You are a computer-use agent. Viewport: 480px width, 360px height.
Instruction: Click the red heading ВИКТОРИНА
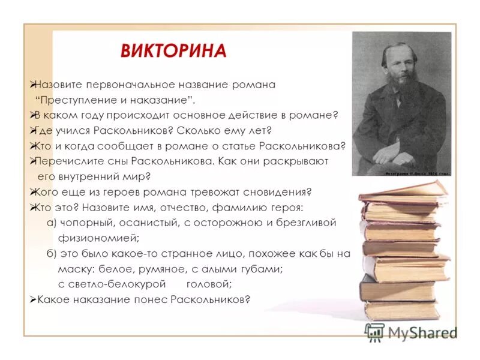173,50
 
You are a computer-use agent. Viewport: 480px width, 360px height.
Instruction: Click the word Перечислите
65,161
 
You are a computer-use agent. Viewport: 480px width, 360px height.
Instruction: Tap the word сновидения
281,192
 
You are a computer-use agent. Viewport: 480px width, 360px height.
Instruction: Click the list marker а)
52,223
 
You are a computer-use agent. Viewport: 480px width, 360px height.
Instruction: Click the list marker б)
52,253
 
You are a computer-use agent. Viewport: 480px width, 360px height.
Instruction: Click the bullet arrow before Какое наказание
33,299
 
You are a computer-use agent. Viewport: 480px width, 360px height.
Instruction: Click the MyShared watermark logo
411,332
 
